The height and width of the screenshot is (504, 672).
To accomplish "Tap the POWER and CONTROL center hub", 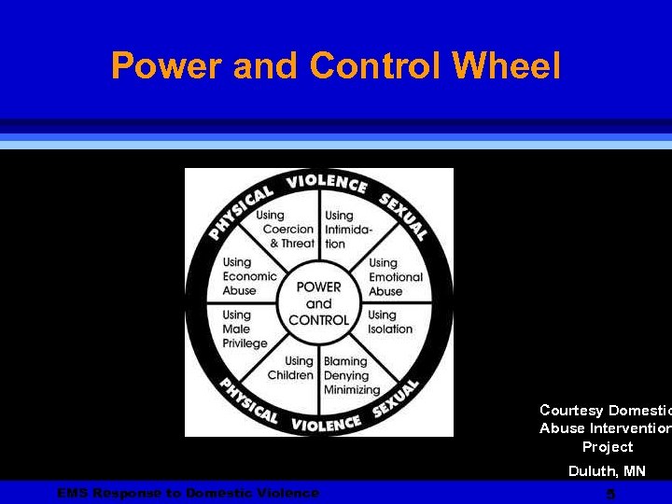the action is tap(319, 302).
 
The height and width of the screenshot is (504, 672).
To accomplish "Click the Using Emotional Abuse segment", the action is tap(395, 277).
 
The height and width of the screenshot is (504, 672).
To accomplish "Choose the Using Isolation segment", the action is tap(390, 322).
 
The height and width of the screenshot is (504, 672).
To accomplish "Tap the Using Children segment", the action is tap(291, 368).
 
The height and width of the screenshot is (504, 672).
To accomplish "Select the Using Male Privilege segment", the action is tap(245, 329).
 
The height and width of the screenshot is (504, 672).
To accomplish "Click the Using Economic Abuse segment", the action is tap(249, 277).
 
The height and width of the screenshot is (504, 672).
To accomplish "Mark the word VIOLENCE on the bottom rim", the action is tap(326, 424).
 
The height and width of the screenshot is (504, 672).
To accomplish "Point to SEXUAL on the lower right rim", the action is tap(396, 399).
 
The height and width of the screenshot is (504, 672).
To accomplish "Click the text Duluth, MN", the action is tap(607, 471).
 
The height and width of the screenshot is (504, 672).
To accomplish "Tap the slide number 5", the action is tap(610, 494).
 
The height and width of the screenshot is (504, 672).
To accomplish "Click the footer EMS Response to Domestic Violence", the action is tap(188, 493).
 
